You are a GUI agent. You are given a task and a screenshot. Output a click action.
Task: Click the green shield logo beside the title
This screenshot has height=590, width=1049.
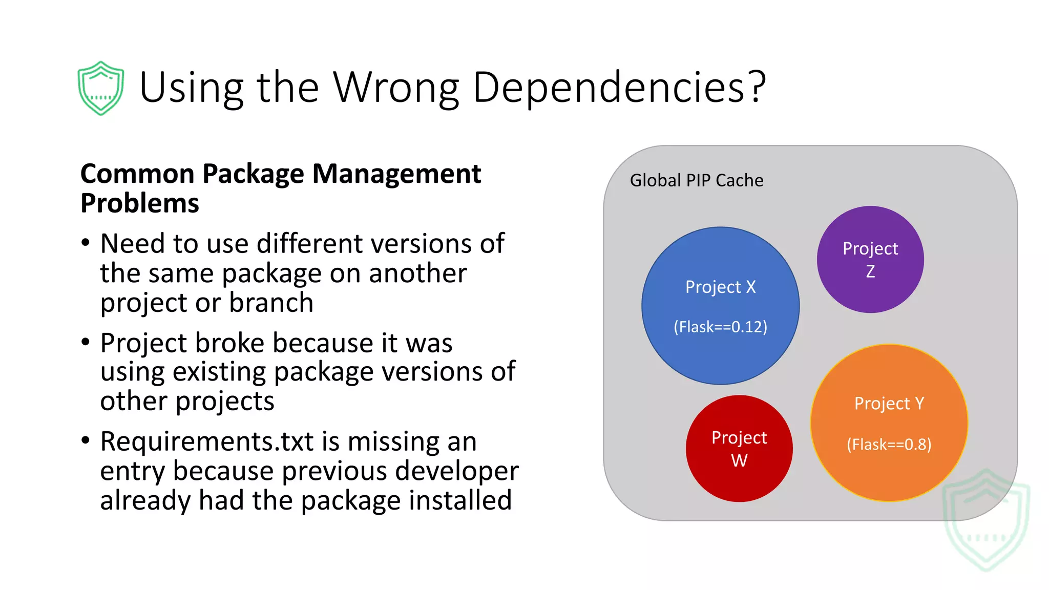[100, 88]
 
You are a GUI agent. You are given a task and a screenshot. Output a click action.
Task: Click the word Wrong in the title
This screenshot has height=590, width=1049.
[396, 87]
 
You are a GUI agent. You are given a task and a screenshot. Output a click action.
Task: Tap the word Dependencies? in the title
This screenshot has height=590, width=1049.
[619, 87]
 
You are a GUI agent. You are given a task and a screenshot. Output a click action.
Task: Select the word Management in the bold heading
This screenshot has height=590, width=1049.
[396, 174]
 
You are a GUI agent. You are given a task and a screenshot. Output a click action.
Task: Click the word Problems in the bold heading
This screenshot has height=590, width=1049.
[140, 203]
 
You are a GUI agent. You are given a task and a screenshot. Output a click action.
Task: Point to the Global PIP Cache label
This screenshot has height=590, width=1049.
[696, 180]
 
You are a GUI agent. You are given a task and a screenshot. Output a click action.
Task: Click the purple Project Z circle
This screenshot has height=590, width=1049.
[870, 260]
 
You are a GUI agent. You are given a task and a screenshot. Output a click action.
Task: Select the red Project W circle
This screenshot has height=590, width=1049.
[739, 449]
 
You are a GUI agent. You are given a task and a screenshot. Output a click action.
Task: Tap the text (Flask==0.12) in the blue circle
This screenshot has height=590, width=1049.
[720, 327]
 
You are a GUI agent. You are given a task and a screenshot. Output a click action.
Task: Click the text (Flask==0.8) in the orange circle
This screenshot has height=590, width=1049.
[889, 444]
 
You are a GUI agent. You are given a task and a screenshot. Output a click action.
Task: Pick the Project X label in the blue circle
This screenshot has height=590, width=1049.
[720, 287]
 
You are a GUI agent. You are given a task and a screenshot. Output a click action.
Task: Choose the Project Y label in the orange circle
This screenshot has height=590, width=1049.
[889, 404]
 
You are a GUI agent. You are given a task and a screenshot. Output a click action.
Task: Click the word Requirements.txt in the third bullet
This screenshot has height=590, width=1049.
[206, 441]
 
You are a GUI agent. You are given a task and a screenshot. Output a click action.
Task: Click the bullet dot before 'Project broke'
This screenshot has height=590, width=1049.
[86, 342]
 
